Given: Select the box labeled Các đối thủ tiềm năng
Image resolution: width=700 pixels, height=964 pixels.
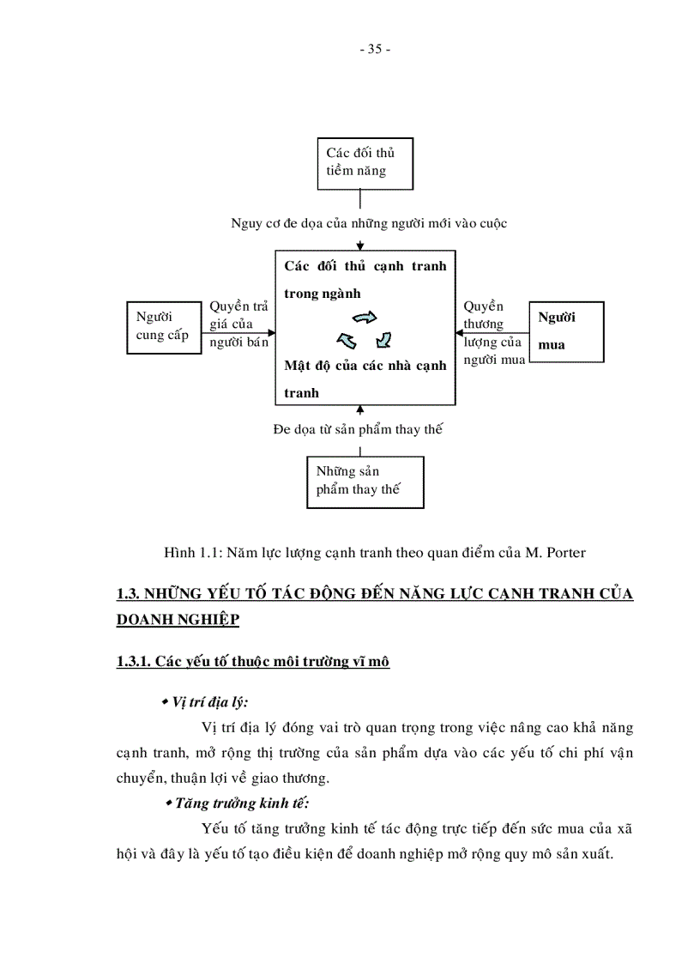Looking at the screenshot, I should pos(365,162).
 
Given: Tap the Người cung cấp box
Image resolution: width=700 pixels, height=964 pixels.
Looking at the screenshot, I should pos(162,326).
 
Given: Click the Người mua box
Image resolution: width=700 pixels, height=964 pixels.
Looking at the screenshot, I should pos(565,331).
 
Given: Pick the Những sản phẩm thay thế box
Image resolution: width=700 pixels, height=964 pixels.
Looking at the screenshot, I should pos(365,481).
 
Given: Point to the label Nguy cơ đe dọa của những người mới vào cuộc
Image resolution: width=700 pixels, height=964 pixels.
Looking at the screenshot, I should pos(369,223).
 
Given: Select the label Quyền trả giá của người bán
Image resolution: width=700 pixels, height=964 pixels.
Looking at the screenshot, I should pos(238,324).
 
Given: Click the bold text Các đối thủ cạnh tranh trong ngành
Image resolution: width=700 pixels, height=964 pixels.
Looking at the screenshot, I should pos(365,279).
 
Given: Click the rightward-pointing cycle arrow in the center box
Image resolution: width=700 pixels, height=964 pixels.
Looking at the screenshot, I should pos(365,318).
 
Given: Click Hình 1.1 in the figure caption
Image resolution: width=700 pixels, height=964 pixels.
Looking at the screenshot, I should pos(182,553).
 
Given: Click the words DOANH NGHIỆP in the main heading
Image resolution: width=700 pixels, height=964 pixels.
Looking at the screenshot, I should pos(178,620).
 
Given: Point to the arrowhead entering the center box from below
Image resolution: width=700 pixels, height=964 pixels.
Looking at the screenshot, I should pos(359,409).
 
